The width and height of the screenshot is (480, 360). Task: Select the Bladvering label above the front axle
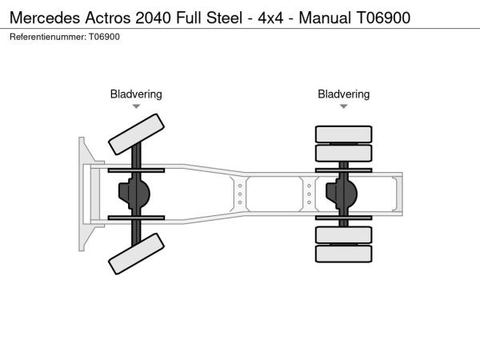[x=136, y=94]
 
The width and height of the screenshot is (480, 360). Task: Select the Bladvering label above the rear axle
[x=344, y=94]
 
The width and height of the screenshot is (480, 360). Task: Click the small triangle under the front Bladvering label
[x=136, y=106]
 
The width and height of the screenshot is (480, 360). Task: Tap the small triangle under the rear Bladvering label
[x=344, y=106]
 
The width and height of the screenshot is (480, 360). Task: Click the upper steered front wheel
[x=137, y=133]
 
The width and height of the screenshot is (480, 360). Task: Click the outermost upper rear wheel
[x=344, y=134]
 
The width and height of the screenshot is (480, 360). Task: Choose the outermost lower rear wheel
[x=344, y=254]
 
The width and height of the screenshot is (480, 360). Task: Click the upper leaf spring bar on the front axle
[x=136, y=170]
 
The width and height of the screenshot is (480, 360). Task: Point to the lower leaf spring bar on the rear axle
[x=344, y=217]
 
